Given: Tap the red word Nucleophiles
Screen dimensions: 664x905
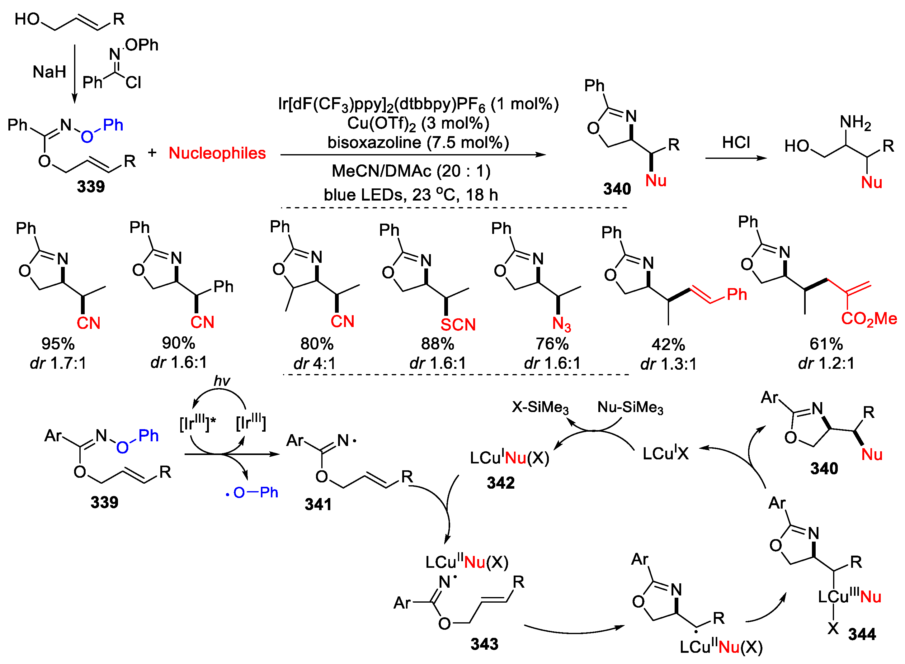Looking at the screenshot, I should click(217, 153).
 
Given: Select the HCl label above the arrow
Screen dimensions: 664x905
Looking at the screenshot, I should click(736, 142).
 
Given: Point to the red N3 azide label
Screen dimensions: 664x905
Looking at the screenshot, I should click(561, 324).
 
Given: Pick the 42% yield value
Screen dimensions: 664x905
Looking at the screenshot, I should click(668, 345).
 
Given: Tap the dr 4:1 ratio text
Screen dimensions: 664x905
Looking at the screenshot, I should click(314, 364).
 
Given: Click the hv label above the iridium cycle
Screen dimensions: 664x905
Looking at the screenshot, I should click(222, 381).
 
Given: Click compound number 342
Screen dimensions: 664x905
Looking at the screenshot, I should click(501, 483).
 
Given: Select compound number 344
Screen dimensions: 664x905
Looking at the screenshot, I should click(862, 634).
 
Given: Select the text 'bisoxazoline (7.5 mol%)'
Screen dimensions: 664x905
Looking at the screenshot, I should click(418, 142).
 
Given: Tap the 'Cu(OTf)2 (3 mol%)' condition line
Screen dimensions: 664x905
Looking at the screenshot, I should click(418, 123).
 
